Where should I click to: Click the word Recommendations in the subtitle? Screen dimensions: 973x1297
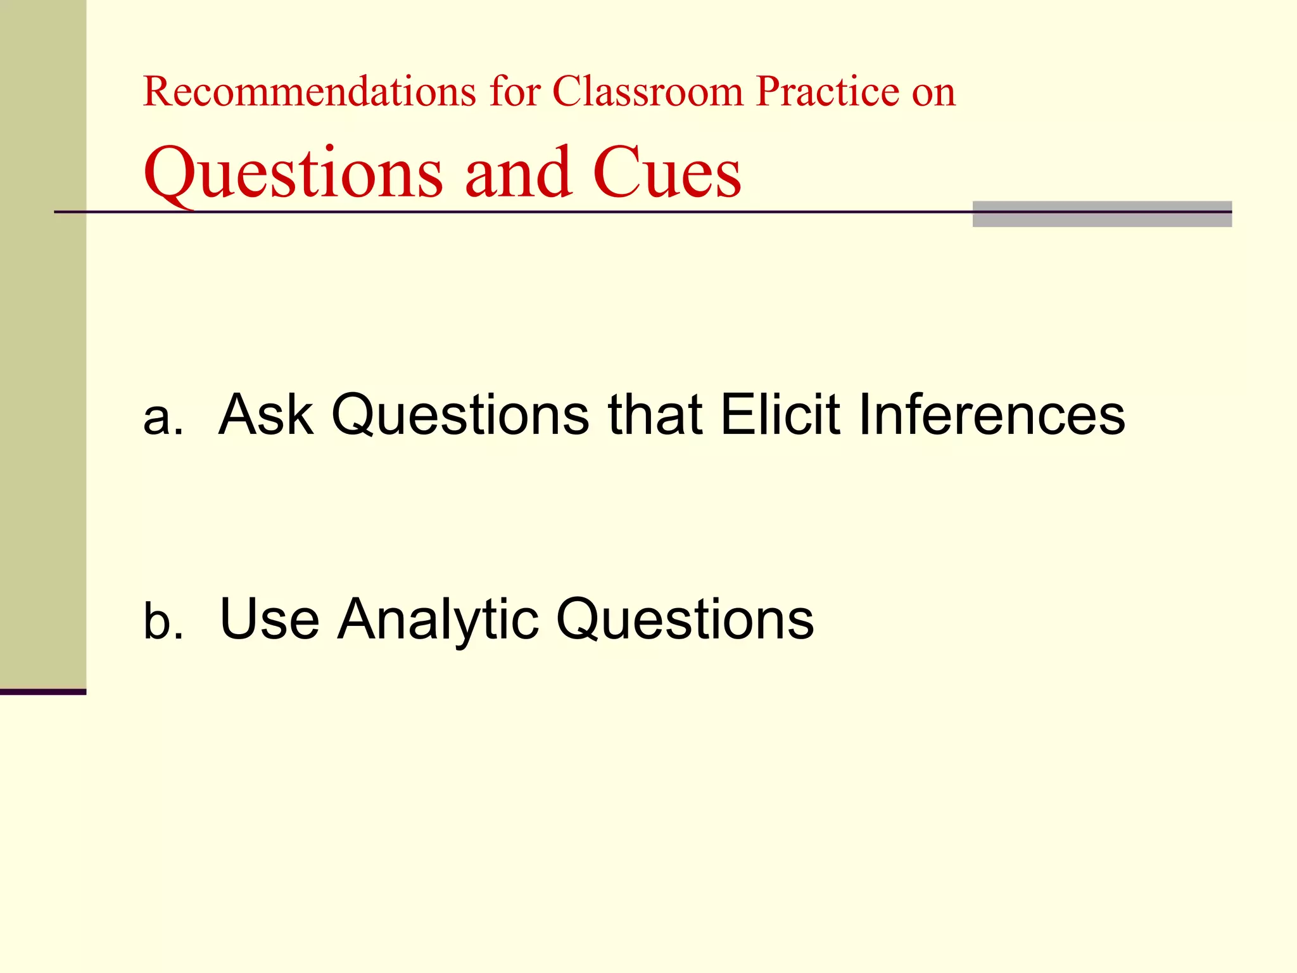pyautogui.click(x=309, y=92)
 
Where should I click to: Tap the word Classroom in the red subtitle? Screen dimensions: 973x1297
pyautogui.click(x=648, y=92)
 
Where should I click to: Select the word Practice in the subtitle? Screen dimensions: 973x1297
pyautogui.click(x=827, y=92)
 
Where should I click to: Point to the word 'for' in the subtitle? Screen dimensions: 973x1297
pyautogui.click(x=514, y=92)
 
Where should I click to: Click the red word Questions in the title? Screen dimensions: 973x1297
pyautogui.click(x=293, y=173)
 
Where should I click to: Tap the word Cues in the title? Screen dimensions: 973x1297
pyautogui.click(x=666, y=172)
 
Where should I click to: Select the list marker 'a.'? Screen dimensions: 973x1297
pyautogui.click(x=163, y=418)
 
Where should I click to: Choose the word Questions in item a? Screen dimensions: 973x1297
pyautogui.click(x=460, y=416)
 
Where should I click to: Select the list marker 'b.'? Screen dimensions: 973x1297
pyautogui.click(x=163, y=620)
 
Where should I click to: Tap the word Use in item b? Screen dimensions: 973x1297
pyautogui.click(x=269, y=619)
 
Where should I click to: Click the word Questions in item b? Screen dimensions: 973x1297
pyautogui.click(x=685, y=620)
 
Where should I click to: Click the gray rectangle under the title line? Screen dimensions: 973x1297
pyautogui.click(x=1102, y=215)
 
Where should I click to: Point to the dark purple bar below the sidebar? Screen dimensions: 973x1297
pyautogui.click(x=43, y=692)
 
